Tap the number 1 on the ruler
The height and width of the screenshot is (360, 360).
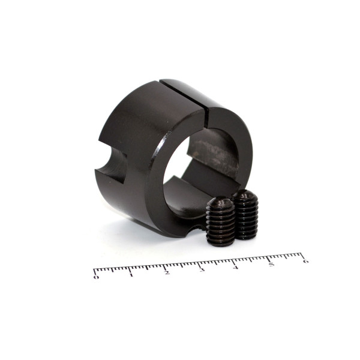(131, 275)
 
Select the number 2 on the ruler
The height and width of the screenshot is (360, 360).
(167, 272)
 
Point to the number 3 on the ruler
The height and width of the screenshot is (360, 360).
(202, 270)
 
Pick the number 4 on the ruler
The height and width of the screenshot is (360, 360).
(236, 267)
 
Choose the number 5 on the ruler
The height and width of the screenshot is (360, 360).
(272, 264)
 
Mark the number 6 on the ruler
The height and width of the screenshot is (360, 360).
(305, 261)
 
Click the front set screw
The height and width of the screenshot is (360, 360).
(221, 221)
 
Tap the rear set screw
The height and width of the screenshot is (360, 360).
(245, 214)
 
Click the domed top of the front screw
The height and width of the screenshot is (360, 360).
(220, 201)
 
